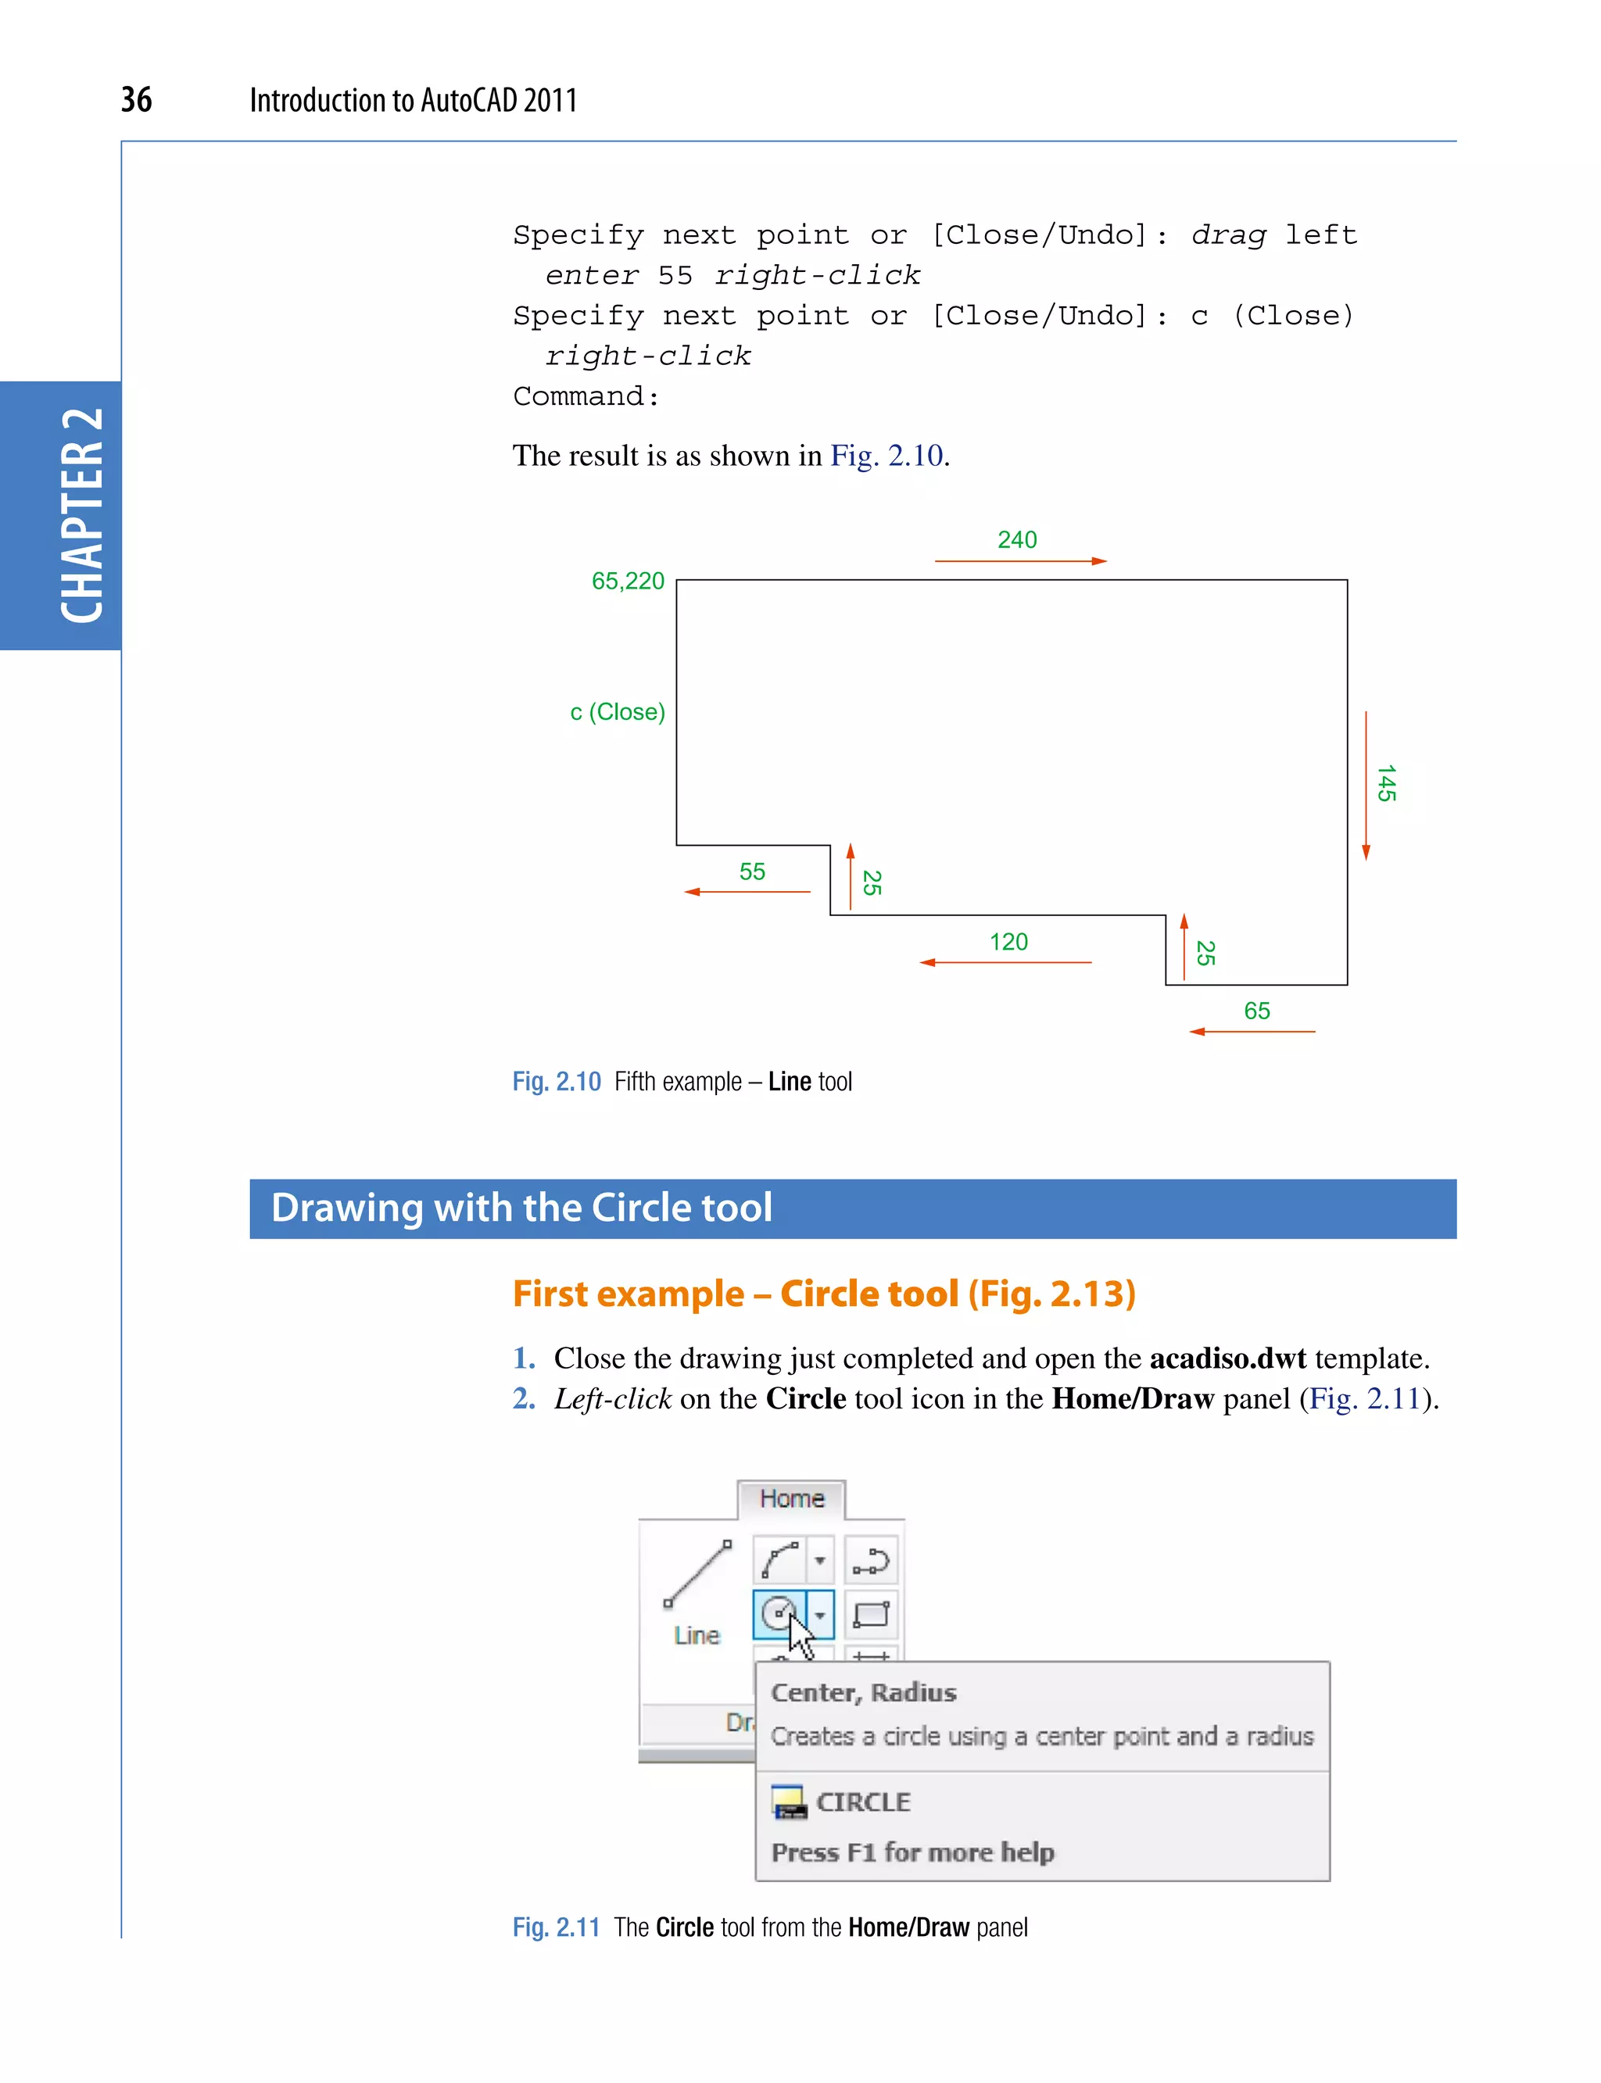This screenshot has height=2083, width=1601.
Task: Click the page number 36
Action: [136, 99]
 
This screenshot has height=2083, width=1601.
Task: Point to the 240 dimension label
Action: [1017, 540]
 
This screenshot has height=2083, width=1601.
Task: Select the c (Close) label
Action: [618, 712]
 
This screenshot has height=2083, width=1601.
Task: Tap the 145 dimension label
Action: [1387, 783]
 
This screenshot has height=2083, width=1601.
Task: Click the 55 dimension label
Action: [752, 871]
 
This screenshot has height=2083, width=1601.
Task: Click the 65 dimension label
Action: [1257, 1011]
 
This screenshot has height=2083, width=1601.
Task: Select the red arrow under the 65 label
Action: [1252, 1032]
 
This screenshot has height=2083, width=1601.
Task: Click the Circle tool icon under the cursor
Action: [779, 1613]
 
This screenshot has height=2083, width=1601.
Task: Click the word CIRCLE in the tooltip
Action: [863, 1802]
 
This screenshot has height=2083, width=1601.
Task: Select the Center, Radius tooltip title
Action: [863, 1692]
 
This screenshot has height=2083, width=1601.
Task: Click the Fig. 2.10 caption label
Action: [557, 1082]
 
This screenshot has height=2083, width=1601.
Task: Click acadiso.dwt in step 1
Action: [1227, 1358]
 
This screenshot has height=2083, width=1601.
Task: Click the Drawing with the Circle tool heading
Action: [521, 1208]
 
